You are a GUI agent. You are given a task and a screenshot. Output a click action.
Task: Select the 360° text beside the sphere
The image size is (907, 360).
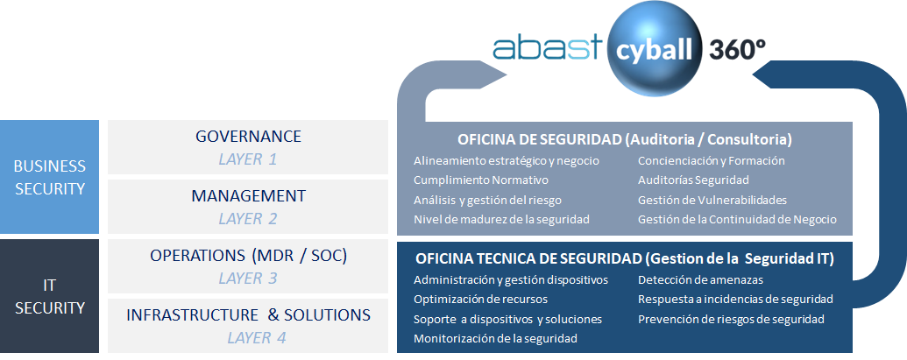pos(737,50)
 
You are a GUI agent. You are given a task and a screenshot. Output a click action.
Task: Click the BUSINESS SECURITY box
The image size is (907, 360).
pos(50,177)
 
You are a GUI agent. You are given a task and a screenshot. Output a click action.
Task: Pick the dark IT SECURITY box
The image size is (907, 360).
pos(50,296)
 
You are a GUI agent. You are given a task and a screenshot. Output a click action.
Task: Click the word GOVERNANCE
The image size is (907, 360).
pos(248,137)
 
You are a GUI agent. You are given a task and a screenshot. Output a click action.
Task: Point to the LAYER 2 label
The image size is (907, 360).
pos(248,219)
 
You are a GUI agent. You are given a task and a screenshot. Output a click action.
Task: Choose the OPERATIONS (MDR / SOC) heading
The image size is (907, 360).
pos(248,256)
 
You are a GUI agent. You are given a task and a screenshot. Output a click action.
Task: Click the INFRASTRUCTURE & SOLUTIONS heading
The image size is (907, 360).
pos(248,315)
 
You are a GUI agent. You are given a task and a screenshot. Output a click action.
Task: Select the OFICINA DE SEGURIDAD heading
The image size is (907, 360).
pos(625,139)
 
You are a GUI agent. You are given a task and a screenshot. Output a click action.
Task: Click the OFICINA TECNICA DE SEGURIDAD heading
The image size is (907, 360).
pos(625,259)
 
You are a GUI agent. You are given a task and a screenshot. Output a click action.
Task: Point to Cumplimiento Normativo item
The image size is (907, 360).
pos(481,180)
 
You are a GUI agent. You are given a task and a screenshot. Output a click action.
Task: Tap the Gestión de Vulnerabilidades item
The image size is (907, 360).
pos(712,200)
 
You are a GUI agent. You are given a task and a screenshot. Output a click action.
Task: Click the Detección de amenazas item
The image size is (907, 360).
pos(700,280)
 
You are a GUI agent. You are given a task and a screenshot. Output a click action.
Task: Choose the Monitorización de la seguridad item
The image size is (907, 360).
pos(495,339)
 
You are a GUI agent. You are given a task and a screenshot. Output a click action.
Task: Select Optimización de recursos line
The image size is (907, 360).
pos(480,300)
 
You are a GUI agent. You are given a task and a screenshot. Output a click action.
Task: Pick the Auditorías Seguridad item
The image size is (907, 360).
pos(693,180)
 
